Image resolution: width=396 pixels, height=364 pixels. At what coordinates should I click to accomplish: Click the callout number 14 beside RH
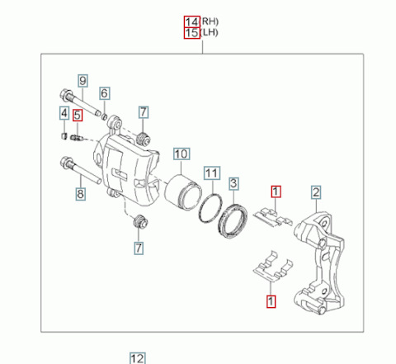(192, 21)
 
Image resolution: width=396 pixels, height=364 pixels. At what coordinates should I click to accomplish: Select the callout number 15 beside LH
(192, 33)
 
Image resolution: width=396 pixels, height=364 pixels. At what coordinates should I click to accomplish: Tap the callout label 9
(82, 81)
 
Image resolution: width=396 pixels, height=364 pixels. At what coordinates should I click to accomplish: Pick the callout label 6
(104, 93)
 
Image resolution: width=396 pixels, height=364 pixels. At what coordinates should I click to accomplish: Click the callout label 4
(64, 113)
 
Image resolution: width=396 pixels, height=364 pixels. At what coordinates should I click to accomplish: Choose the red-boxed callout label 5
(78, 116)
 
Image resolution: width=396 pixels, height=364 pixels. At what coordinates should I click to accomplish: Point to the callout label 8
(80, 194)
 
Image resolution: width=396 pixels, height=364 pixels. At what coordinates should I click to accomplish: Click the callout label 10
(181, 154)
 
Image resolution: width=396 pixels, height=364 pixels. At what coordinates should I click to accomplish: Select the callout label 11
(212, 173)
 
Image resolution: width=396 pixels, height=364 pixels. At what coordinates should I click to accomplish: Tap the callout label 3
(233, 183)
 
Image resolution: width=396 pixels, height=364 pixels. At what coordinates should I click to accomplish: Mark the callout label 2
(316, 192)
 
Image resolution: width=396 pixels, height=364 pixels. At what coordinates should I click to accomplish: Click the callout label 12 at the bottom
(137, 358)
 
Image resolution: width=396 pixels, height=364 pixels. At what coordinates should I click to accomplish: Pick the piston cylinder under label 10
(183, 192)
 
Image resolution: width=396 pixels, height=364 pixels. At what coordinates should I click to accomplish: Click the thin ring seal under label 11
(210, 208)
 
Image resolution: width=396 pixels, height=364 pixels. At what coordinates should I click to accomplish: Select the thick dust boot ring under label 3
(233, 220)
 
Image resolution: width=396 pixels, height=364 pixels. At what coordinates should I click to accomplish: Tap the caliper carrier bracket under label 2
(319, 262)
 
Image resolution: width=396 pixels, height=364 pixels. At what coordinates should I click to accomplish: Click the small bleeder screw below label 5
(77, 137)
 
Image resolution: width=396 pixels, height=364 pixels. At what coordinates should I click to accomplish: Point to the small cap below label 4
(64, 136)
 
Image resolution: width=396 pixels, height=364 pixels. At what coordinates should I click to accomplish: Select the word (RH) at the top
(210, 21)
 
